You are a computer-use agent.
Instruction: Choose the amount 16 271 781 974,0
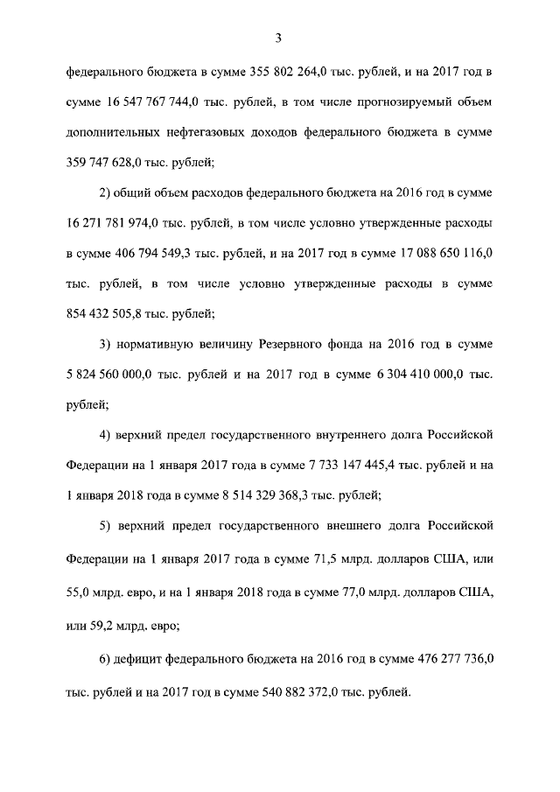[120, 222]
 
